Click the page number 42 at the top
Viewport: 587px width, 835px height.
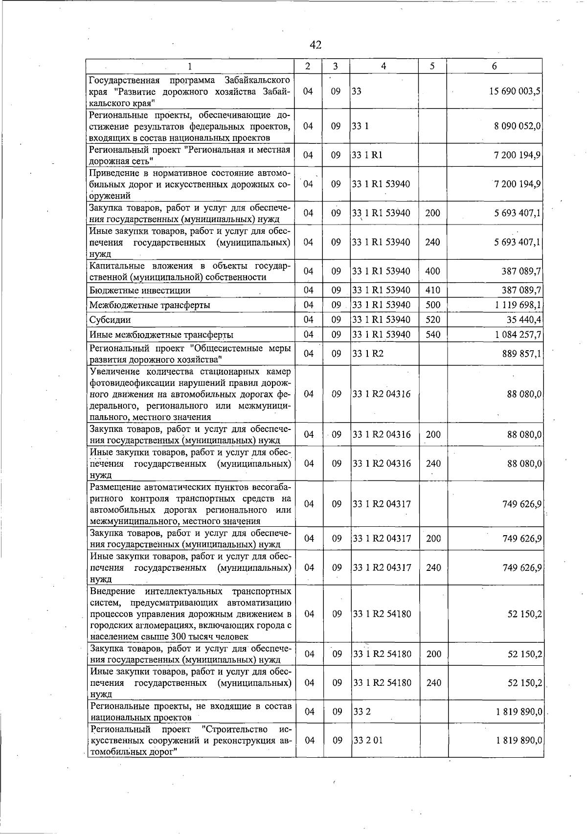316,45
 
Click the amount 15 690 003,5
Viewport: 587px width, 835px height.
515,91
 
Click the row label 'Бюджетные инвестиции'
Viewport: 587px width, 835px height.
140,291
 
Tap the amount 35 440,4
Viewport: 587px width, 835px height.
524,320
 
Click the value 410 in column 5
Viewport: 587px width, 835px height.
432,291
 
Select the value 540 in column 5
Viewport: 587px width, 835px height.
432,335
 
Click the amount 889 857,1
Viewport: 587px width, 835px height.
522,354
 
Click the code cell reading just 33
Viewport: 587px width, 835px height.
357,91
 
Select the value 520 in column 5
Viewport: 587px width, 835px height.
432,320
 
